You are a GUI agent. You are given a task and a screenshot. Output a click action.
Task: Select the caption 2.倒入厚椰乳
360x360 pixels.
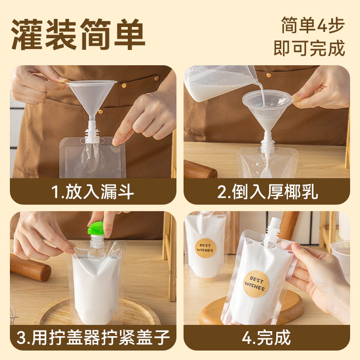click(267, 192)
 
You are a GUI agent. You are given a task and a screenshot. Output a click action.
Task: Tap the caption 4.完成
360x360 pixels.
click(267, 337)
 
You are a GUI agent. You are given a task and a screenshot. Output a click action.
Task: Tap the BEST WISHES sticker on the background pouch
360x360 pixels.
click(205, 247)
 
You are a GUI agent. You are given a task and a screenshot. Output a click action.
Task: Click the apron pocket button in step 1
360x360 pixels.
click(156, 78)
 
